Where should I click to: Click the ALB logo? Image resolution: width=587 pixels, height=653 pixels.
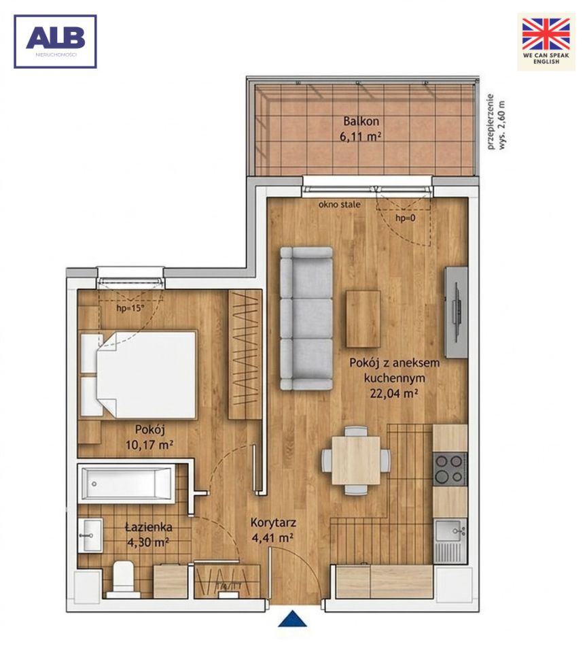[x=55, y=41]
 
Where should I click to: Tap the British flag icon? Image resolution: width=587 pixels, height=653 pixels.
[x=546, y=34]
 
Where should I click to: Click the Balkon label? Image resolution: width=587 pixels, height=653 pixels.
[x=361, y=121]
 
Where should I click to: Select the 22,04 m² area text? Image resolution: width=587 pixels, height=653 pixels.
[x=393, y=393]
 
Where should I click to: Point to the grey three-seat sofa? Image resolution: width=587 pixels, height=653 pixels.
[x=306, y=318]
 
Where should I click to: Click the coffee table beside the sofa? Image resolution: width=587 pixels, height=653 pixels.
[x=363, y=318]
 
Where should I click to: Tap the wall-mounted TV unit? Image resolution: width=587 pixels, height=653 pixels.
[x=456, y=312]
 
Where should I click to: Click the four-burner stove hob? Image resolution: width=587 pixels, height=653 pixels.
[x=450, y=469]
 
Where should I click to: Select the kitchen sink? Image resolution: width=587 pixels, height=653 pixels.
[x=450, y=541]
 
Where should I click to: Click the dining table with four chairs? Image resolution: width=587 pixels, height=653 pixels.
[x=356, y=460]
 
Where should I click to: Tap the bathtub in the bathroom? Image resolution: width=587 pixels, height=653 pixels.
[x=126, y=483]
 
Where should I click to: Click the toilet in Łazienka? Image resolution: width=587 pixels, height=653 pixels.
[x=123, y=579]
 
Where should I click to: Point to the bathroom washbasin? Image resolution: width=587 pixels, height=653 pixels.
[x=90, y=535]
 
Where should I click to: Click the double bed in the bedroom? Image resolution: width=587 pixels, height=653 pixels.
[x=138, y=375]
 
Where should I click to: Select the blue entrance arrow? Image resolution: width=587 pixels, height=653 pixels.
[x=292, y=619]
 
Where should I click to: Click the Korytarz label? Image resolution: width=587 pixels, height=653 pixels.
[x=273, y=522]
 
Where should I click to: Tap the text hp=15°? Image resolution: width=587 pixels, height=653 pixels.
[x=130, y=309]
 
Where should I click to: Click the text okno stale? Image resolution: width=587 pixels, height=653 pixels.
[x=340, y=205]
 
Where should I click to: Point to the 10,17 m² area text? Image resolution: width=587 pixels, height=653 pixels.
[x=149, y=445]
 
